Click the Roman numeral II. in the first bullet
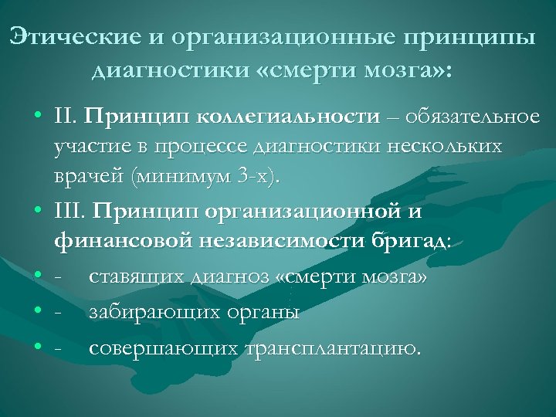[x=65, y=117]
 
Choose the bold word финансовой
[x=124, y=240]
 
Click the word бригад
[x=412, y=240]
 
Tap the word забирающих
[x=150, y=312]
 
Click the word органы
[x=259, y=312]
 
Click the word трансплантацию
[x=332, y=347]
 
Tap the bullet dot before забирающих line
[x=37, y=312]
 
